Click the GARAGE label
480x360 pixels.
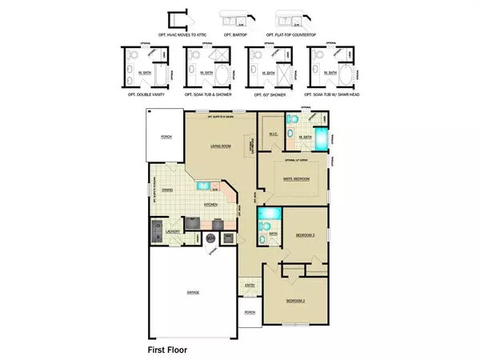point(193,293)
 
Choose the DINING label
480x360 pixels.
point(167,190)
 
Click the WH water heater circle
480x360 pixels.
point(210,237)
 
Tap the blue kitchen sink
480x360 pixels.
point(204,185)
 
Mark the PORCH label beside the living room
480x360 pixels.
point(166,137)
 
